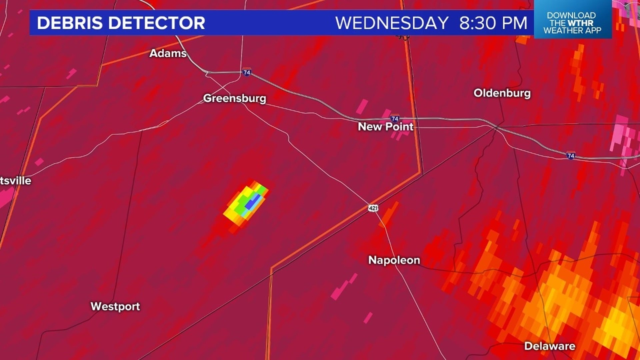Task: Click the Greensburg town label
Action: click(235, 98)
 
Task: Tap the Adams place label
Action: click(168, 53)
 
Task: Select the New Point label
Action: click(385, 127)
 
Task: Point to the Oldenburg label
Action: click(502, 93)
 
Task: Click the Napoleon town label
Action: click(394, 260)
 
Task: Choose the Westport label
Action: click(115, 306)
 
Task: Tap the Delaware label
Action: click(550, 346)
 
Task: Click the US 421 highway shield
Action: click(373, 208)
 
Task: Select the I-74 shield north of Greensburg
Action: click(247, 72)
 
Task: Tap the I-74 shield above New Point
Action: click(395, 119)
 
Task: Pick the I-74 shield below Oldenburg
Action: click(571, 155)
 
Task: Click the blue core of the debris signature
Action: click(253, 202)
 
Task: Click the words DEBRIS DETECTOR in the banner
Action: click(121, 23)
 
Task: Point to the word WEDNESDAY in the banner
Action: click(392, 23)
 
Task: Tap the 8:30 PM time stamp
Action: click(493, 23)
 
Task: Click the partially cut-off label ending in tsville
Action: click(15, 181)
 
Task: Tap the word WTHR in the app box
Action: click(581, 23)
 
